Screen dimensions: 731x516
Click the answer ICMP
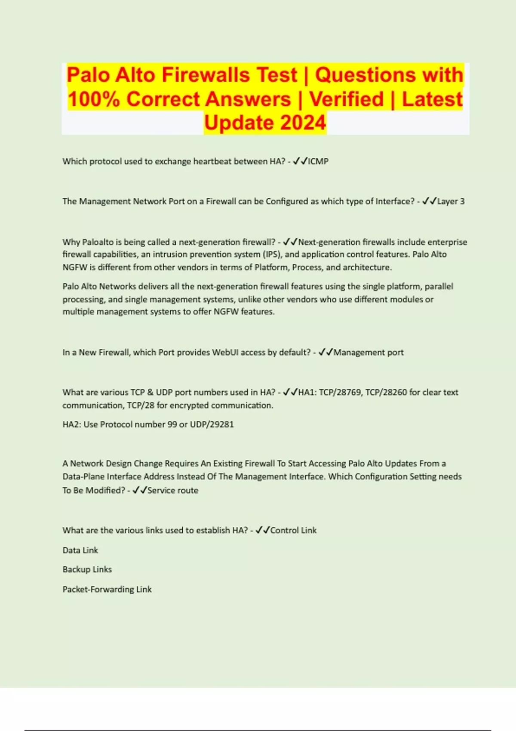point(318,162)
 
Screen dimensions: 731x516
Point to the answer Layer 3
point(451,201)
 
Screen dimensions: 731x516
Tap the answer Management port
point(369,353)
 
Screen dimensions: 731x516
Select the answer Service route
point(173,491)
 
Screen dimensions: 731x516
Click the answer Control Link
point(293,531)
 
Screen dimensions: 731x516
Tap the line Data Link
point(80,550)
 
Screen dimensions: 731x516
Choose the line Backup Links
point(87,570)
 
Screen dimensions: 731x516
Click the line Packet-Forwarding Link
point(107,590)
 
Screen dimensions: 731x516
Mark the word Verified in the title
point(346,99)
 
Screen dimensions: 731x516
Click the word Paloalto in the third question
point(100,242)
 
